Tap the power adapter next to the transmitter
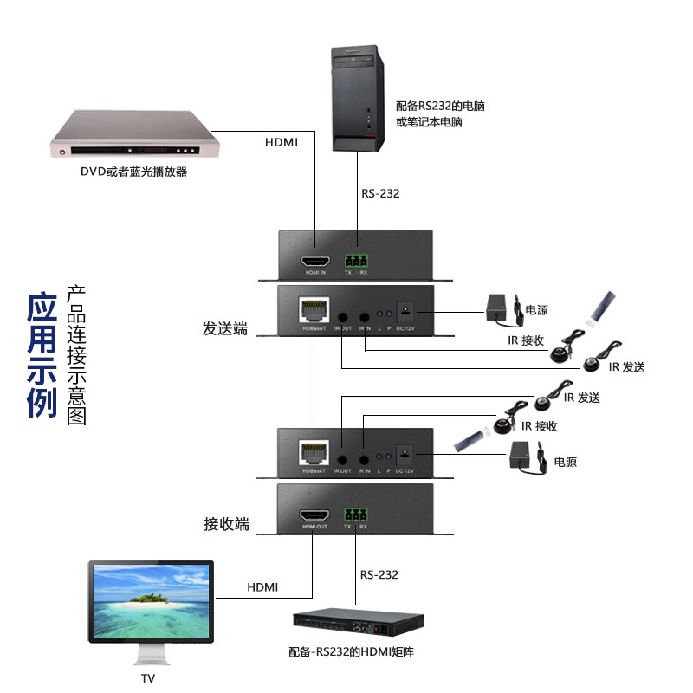click(x=499, y=306)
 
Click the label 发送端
click(x=225, y=329)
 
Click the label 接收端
click(x=226, y=523)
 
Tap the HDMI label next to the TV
click(x=262, y=587)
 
